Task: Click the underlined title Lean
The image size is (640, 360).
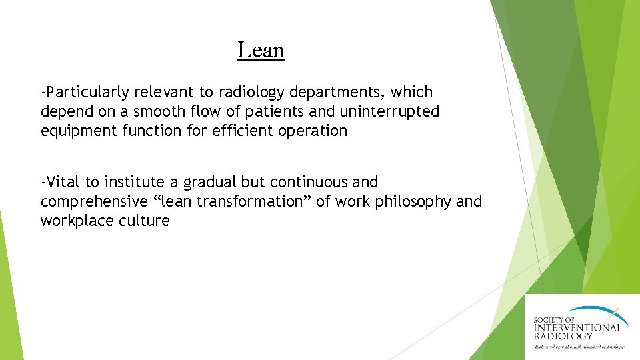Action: [x=261, y=50]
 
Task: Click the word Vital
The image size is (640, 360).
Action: [x=64, y=182]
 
